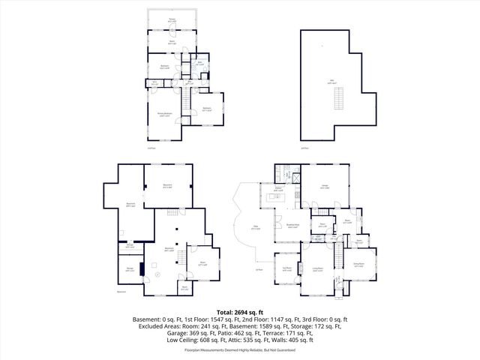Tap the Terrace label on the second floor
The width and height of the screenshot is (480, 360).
(172, 18)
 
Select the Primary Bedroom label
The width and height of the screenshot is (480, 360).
(163, 114)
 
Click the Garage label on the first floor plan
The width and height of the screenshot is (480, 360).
(325, 187)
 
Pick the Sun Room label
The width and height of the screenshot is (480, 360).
(286, 268)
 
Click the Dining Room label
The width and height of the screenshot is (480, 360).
(358, 263)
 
